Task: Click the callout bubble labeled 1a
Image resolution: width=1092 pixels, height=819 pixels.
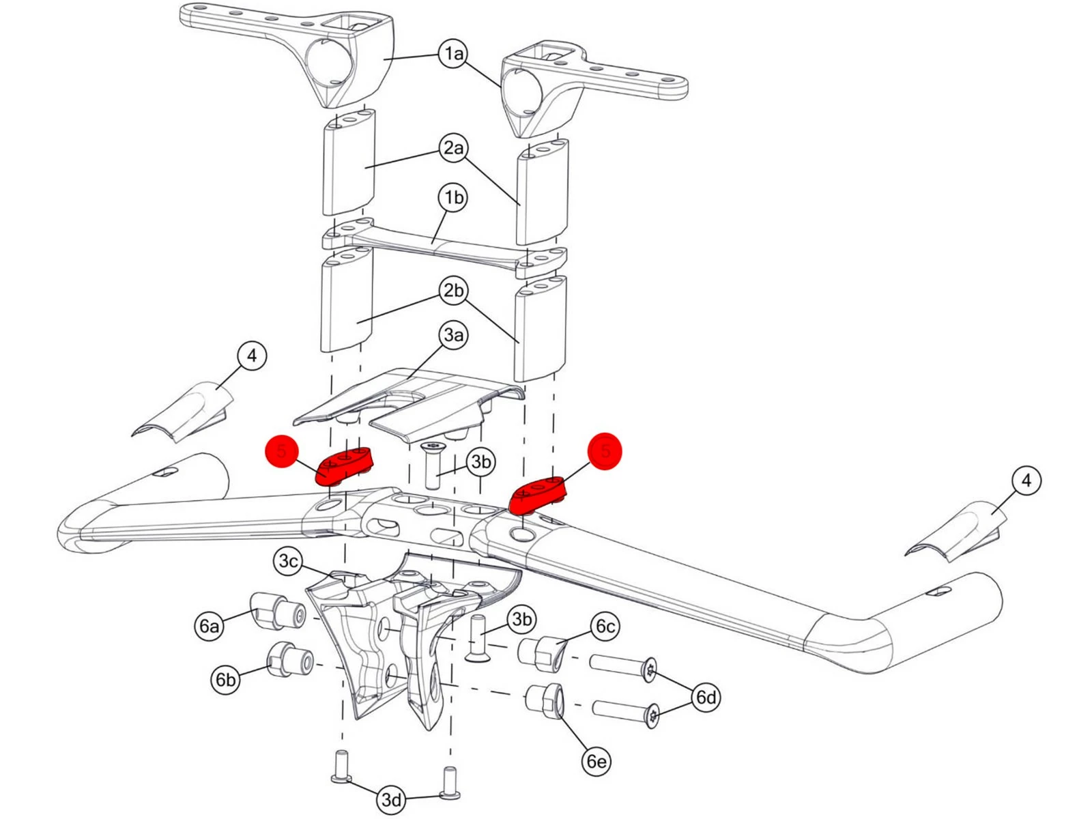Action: click(x=454, y=53)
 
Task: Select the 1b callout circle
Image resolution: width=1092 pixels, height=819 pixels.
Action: click(x=454, y=198)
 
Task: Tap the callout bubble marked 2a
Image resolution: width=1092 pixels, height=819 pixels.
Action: click(x=454, y=147)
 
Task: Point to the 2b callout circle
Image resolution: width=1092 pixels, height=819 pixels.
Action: click(x=454, y=291)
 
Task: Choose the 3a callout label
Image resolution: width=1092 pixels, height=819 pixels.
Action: click(x=454, y=334)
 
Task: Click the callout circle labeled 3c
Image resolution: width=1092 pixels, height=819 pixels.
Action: click(x=289, y=561)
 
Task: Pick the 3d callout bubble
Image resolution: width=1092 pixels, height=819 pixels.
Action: click(x=392, y=799)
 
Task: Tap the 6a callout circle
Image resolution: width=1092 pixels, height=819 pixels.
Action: click(x=210, y=625)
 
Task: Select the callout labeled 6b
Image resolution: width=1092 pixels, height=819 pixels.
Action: click(x=225, y=679)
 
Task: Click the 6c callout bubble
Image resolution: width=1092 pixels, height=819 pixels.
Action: click(x=605, y=626)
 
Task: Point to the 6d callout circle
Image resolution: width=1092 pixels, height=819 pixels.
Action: click(x=706, y=697)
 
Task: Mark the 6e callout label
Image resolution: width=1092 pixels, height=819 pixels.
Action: click(x=597, y=760)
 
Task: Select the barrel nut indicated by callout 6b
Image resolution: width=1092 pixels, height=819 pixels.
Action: click(x=290, y=659)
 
